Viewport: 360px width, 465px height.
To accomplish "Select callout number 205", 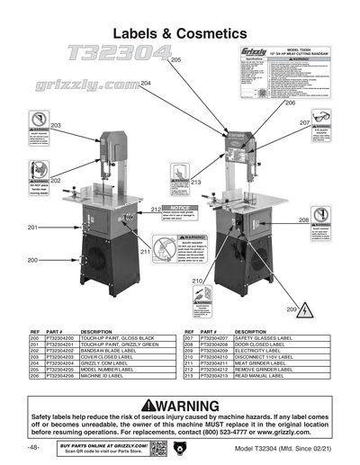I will point(175,58).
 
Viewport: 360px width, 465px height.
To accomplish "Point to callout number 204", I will point(145,83).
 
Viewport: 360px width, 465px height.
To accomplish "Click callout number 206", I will point(290,103).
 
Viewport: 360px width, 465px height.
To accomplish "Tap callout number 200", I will point(32,260).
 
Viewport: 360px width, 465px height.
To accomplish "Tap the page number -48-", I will point(33,447).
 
